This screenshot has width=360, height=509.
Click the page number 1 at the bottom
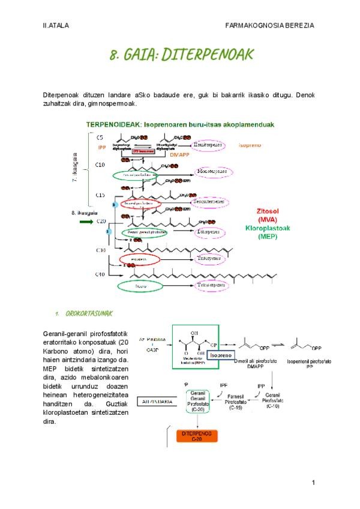click(x=313, y=483)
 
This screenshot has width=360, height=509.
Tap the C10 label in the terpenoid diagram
click(x=101, y=164)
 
